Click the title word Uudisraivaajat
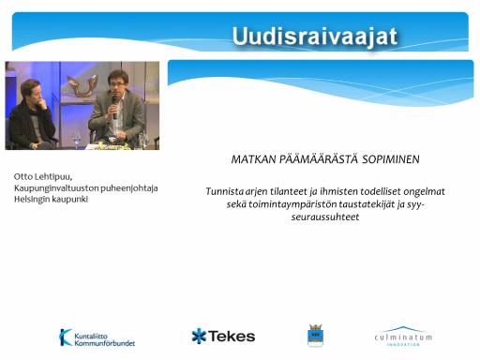click(315, 37)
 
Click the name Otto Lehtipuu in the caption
click(43, 177)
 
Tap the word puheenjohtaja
click(129, 188)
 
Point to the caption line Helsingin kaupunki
click(51, 200)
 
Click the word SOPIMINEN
click(391, 159)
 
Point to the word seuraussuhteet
click(325, 217)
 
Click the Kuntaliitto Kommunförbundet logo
click(97, 337)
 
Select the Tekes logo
click(223, 337)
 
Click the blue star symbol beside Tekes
click(199, 337)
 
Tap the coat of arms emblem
click(315, 336)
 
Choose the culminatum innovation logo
click(403, 337)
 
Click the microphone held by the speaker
click(114, 108)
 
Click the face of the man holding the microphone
click(117, 84)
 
